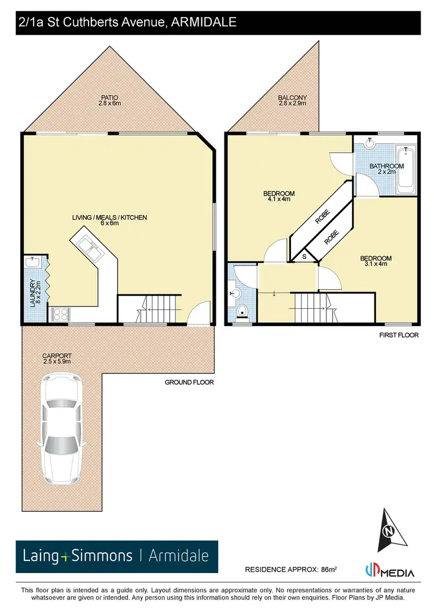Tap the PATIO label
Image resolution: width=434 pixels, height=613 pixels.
click(x=109, y=99)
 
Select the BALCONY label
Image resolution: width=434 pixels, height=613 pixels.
click(x=292, y=100)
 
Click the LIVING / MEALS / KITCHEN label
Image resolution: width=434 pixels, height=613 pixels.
click(x=109, y=220)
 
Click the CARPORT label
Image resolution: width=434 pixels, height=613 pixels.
click(x=56, y=359)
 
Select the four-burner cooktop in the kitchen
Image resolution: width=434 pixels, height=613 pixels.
click(x=60, y=314)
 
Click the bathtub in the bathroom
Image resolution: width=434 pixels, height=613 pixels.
click(x=405, y=168)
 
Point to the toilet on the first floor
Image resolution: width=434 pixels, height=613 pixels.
click(x=243, y=311)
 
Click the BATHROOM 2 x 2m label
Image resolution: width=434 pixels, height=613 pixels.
click(x=386, y=169)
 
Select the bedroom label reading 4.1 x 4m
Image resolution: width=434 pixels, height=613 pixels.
click(x=279, y=196)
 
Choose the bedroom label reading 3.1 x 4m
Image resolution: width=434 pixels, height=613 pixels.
click(x=376, y=261)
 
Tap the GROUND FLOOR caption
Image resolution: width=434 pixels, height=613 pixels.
click(x=189, y=382)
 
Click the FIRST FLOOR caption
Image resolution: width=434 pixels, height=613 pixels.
click(x=399, y=335)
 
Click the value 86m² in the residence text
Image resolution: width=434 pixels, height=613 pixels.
click(x=328, y=570)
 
